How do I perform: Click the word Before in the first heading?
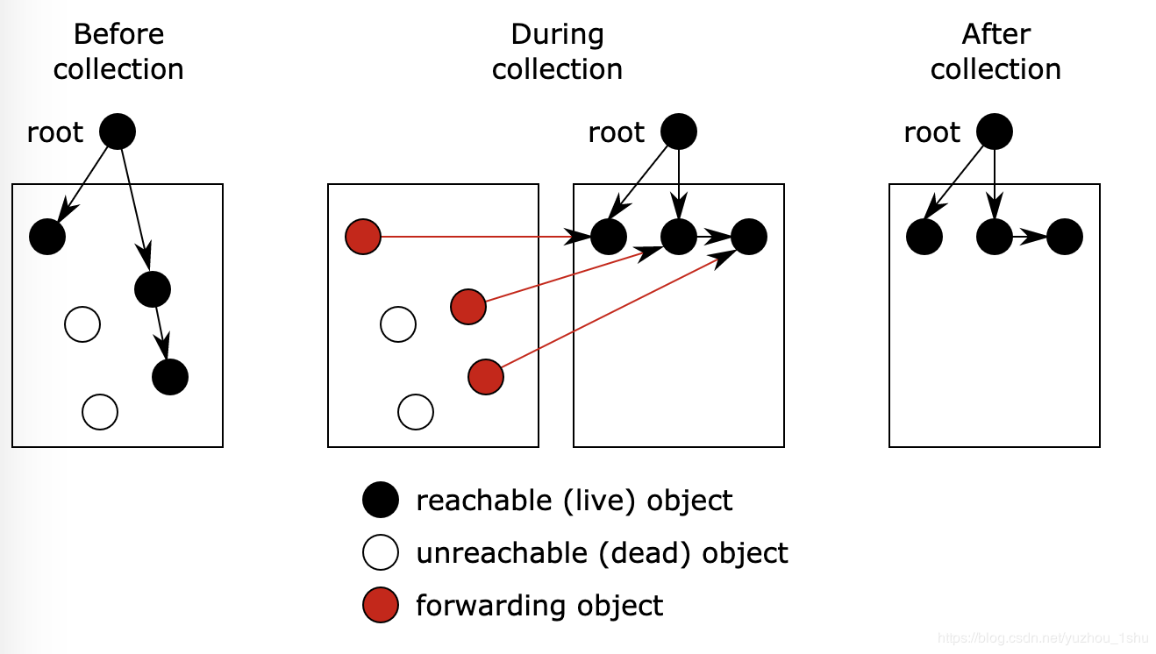click(x=118, y=34)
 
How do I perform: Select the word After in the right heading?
click(x=996, y=34)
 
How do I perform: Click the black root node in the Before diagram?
click(x=118, y=132)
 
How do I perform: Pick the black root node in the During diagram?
click(x=679, y=132)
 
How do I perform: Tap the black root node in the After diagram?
click(x=995, y=132)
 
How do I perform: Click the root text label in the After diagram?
click(x=931, y=133)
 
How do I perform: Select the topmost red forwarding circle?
click(x=363, y=237)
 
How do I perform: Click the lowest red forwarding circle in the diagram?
click(x=486, y=377)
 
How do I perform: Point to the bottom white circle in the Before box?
click(x=100, y=412)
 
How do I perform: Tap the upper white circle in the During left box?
click(x=398, y=324)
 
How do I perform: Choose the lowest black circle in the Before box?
click(x=170, y=377)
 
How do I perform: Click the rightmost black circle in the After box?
click(x=1065, y=237)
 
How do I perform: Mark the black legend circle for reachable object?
click(x=381, y=500)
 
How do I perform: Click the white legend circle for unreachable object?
click(x=381, y=552)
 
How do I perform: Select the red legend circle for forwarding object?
click(x=381, y=605)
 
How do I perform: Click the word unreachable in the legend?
click(x=502, y=553)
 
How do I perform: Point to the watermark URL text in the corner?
click(x=1043, y=638)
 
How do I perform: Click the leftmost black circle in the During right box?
click(x=609, y=237)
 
